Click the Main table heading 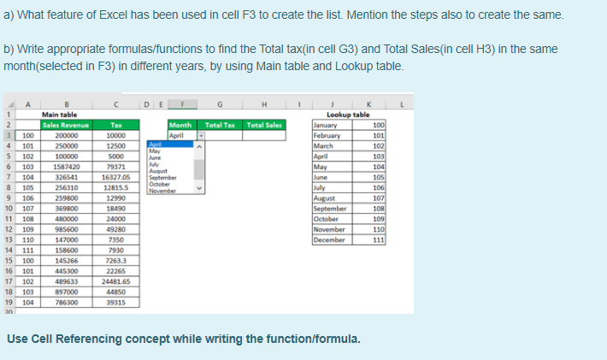point(60,114)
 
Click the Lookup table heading point(349,114)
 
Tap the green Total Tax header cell point(220,125)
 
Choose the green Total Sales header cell point(265,125)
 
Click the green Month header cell point(180,125)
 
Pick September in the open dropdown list point(162,176)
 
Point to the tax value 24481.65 point(114,280)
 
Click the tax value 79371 point(115,167)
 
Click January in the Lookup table point(327,125)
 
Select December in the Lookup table point(331,239)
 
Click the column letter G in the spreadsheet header point(220,104)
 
